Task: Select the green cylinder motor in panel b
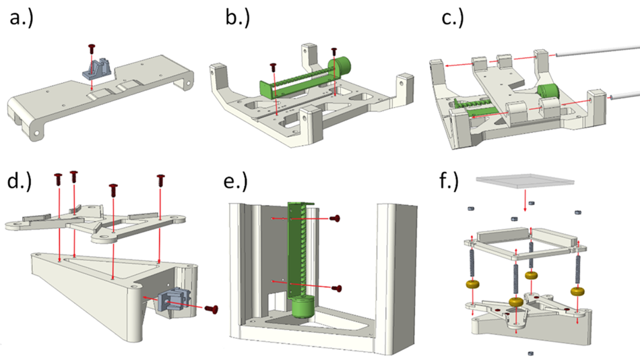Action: [x=340, y=67]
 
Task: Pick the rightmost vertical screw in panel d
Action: [x=160, y=181]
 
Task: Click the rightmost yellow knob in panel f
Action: [x=577, y=291]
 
